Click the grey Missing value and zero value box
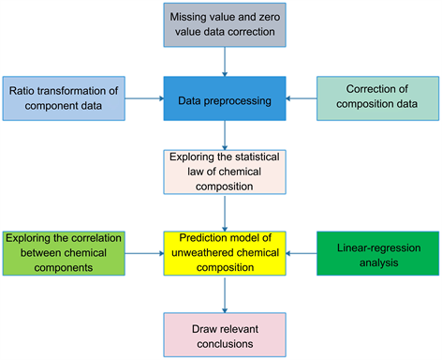pyautogui.click(x=224, y=25)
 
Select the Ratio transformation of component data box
pyautogui.click(x=66, y=97)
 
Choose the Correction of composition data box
pyautogui.click(x=376, y=97)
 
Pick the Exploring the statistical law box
pyautogui.click(x=223, y=172)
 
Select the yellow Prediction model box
pyautogui.click(x=223, y=250)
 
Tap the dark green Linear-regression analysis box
pyautogui.click(x=376, y=250)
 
